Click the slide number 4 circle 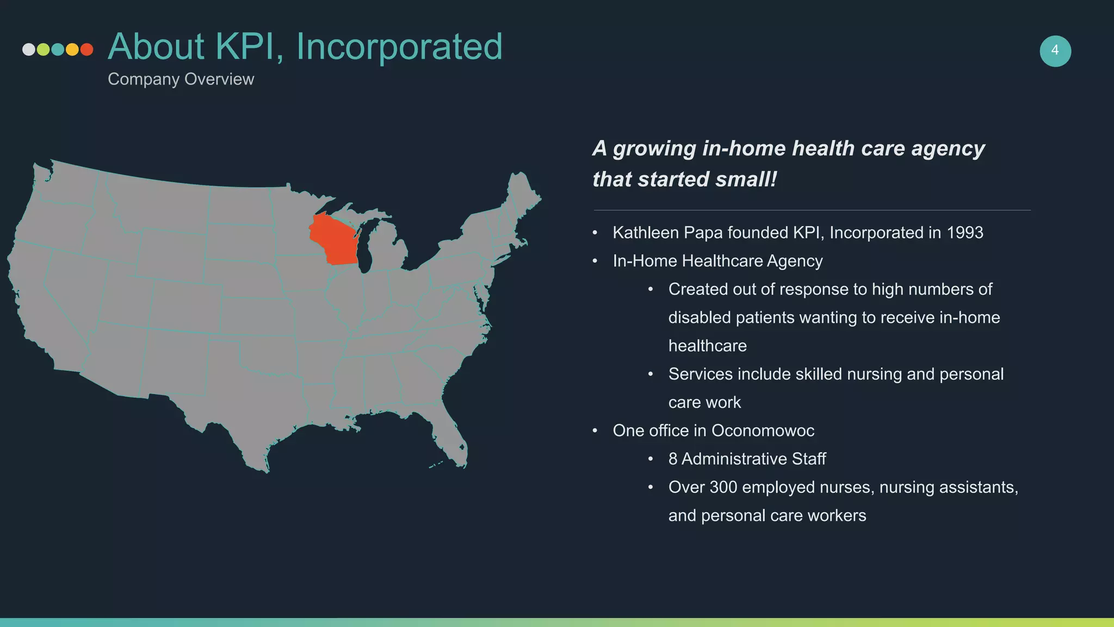1055,51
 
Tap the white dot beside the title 29,50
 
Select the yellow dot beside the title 72,50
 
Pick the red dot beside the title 86,50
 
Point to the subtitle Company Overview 181,79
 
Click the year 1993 964,233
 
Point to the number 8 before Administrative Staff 673,459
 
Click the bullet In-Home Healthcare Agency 717,261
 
